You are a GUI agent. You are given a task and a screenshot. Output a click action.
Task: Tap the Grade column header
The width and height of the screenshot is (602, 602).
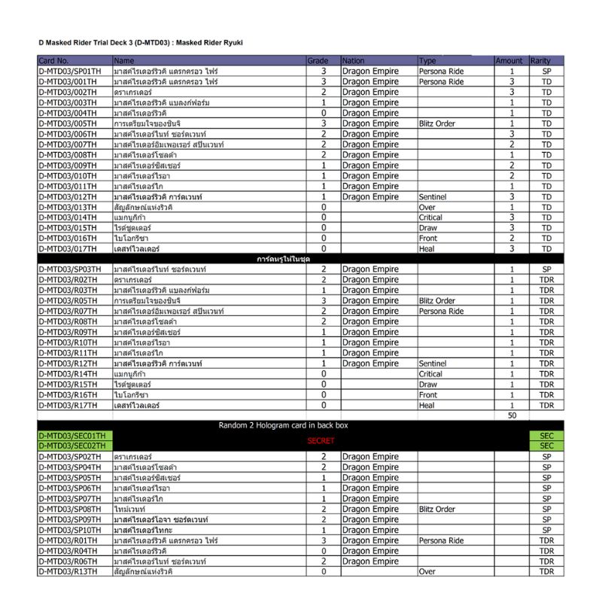[x=318, y=60]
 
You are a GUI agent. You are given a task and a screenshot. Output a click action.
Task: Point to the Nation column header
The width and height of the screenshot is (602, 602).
[x=353, y=60]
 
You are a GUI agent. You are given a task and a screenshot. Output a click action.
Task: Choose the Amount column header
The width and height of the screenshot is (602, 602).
[x=509, y=60]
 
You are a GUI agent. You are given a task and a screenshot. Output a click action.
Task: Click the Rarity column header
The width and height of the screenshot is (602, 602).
[x=540, y=60]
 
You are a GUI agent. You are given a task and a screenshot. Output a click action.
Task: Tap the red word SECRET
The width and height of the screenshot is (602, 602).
[x=321, y=441]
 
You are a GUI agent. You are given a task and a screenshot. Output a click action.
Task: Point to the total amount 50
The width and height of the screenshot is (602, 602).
[x=512, y=415]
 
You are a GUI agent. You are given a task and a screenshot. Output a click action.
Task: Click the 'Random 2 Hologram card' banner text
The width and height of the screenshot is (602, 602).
[x=283, y=426]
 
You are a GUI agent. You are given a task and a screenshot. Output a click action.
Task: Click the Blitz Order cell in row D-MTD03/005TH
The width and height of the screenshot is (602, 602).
[x=437, y=123]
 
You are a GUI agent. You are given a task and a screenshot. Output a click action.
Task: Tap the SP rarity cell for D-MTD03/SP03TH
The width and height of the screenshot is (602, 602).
[x=546, y=269]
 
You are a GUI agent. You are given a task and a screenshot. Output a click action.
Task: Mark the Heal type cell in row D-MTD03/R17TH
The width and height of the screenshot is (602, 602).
[x=427, y=405]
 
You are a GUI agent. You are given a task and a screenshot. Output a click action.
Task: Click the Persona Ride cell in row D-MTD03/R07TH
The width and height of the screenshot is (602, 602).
[x=442, y=311]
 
